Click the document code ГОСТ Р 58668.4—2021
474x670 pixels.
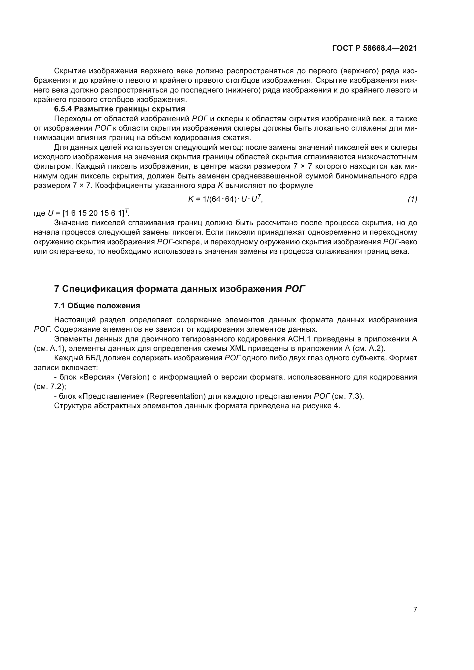pyautogui.click(x=375, y=48)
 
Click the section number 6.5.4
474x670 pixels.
pyautogui.click(x=63, y=109)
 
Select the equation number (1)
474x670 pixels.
pyautogui.click(x=412, y=199)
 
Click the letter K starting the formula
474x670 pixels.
pyautogui.click(x=191, y=199)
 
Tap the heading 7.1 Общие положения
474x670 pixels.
pyautogui.click(x=97, y=306)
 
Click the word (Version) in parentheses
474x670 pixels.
pyautogui.click(x=133, y=377)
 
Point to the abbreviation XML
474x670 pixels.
pyautogui.click(x=238, y=348)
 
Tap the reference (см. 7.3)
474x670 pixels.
pyautogui.click(x=348, y=396)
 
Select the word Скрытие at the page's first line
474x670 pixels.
pyautogui.click(x=70, y=71)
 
